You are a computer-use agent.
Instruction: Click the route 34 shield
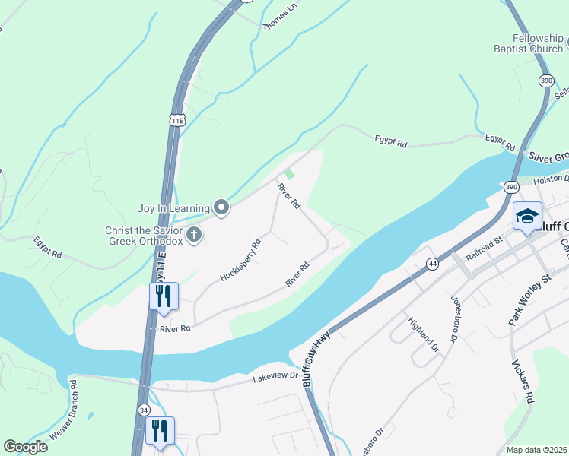pyautogui.click(x=144, y=410)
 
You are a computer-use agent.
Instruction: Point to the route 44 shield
pyautogui.click(x=432, y=263)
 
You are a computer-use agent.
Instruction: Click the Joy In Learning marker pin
pyautogui.click(x=221, y=207)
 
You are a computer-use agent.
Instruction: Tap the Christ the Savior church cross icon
pyautogui.click(x=194, y=235)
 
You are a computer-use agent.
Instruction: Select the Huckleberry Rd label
pyautogui.click(x=240, y=260)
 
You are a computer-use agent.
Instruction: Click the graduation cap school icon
pyautogui.click(x=526, y=217)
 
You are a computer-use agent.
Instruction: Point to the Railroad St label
pyautogui.click(x=485, y=249)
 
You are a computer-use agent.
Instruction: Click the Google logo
pyautogui.click(x=25, y=447)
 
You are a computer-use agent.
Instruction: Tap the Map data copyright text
pyautogui.click(x=536, y=450)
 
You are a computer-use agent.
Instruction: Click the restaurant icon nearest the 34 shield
pyautogui.click(x=161, y=432)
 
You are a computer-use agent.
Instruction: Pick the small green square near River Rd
pyautogui.click(x=289, y=174)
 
